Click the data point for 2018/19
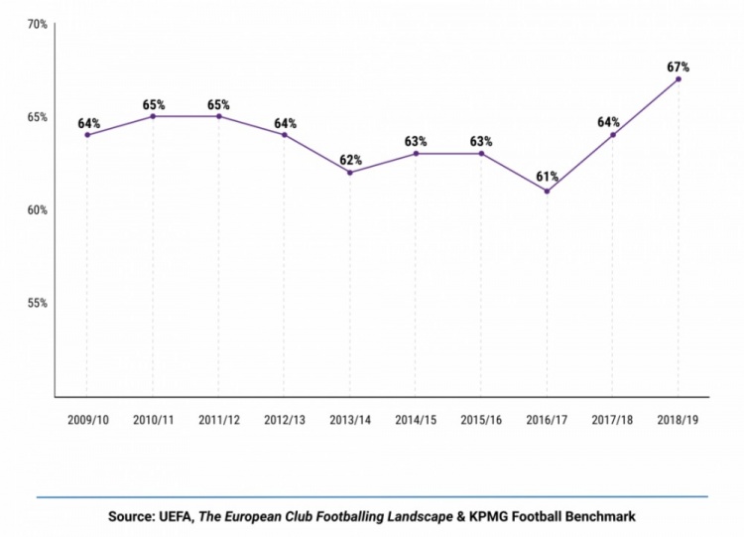point(679,79)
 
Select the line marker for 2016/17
point(547,192)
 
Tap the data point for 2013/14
point(350,173)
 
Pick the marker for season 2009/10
point(87,135)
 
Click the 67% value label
point(679,67)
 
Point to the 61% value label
point(547,178)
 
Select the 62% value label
point(350,160)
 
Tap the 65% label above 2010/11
point(153,104)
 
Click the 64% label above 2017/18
point(613,123)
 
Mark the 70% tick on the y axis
point(37,24)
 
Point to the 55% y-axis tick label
point(37,304)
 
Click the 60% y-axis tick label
point(37,210)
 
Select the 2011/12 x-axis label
point(218,421)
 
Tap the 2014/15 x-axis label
point(416,421)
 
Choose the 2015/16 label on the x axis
point(481,421)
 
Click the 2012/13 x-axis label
point(285,421)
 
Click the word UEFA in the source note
point(176,516)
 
